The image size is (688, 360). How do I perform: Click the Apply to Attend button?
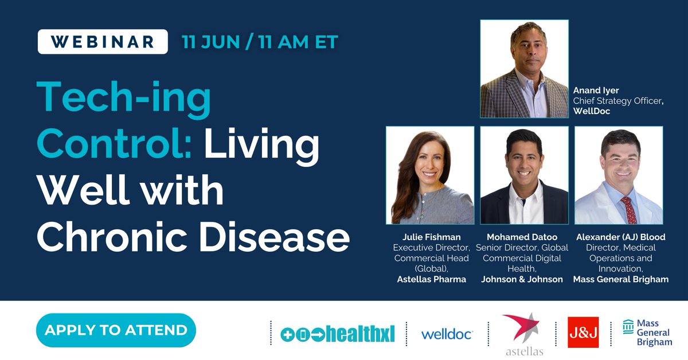(116, 330)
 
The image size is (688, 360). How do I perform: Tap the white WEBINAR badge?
(103, 42)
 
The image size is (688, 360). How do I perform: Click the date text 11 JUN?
(208, 42)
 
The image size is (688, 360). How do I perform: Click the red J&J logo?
(583, 332)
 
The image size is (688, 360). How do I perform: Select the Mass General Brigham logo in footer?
(647, 332)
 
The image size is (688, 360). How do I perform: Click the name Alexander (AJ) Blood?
(620, 237)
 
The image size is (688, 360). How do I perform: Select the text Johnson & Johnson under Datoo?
(522, 279)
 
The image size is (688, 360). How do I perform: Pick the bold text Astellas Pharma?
(431, 279)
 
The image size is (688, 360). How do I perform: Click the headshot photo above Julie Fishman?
(430, 175)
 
